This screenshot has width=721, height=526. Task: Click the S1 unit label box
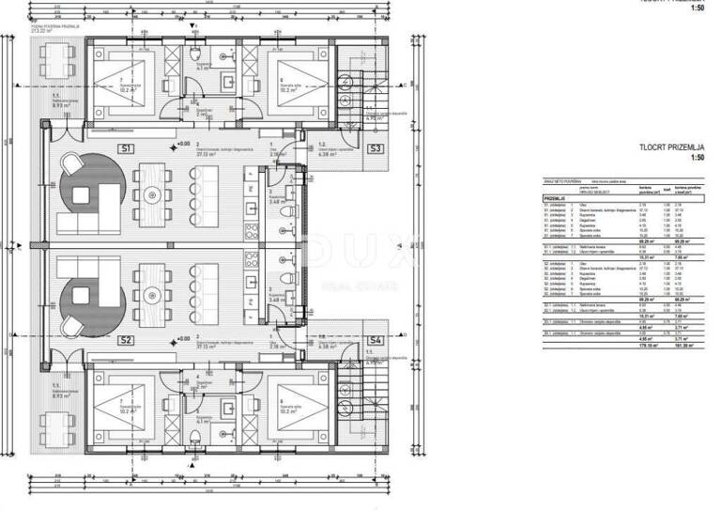pyautogui.click(x=126, y=148)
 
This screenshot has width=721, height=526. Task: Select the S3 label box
pyautogui.click(x=375, y=149)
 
